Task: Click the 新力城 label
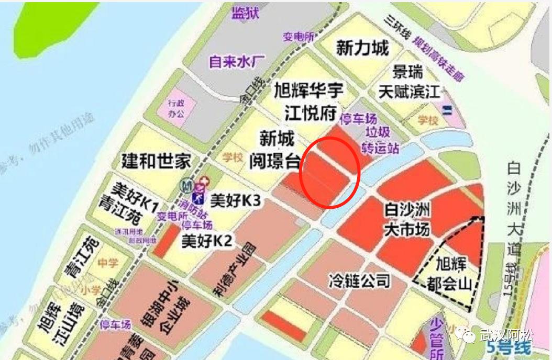click(x=362, y=49)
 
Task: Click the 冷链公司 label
click(x=359, y=280)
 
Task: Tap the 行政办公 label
click(x=176, y=109)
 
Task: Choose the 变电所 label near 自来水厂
click(x=299, y=37)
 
